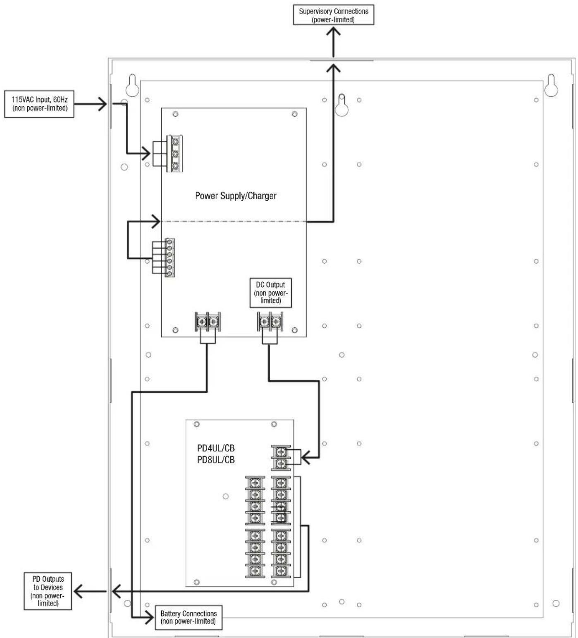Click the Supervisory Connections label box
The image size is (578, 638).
[334, 15]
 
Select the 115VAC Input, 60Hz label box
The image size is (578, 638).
[39, 104]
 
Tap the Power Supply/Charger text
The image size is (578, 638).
[236, 196]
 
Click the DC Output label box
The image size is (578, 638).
[271, 293]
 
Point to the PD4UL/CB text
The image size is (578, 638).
[216, 449]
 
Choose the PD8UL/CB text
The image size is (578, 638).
[216, 460]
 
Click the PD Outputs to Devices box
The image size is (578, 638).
[48, 591]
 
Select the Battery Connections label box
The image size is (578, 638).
[189, 617]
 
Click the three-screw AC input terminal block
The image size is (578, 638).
[175, 154]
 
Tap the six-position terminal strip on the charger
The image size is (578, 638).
[170, 257]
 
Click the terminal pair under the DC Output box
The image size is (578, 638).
[270, 321]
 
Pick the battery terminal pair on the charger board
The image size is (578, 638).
[208, 321]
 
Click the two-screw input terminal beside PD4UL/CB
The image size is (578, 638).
[281, 458]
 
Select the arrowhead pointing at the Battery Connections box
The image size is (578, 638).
[148, 618]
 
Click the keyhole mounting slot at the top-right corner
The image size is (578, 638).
[552, 85]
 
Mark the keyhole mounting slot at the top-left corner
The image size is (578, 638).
[132, 85]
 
